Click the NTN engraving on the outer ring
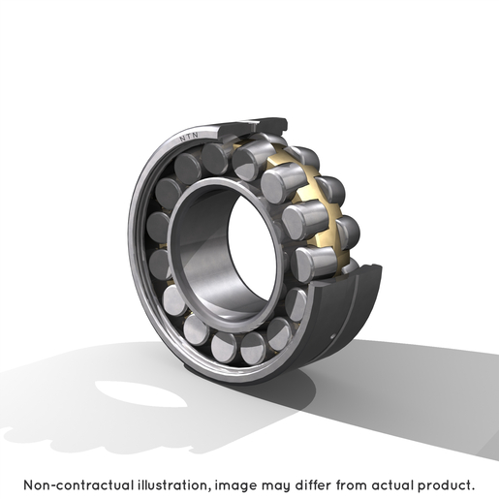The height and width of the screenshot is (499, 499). click(x=189, y=137)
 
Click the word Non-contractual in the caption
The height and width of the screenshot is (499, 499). click(x=78, y=485)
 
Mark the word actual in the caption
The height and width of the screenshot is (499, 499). click(x=392, y=485)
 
